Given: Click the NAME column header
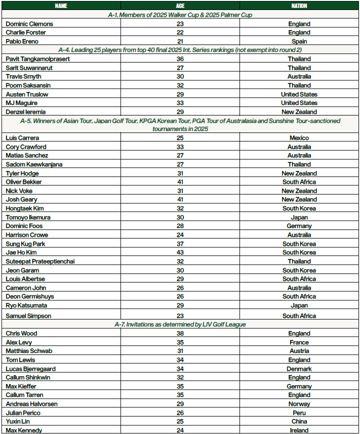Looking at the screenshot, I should (x=61, y=6).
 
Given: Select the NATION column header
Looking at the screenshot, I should (x=299, y=6).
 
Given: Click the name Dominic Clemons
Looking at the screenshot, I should (x=29, y=24).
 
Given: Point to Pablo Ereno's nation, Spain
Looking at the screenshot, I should (x=299, y=41).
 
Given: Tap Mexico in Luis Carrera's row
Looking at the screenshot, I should (x=299, y=138).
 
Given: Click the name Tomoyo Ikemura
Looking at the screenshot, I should (x=28, y=217).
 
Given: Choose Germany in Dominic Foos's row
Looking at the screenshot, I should (x=299, y=226).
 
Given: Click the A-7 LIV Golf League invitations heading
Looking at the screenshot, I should (x=180, y=324).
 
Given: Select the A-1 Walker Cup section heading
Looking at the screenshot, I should (x=180, y=15).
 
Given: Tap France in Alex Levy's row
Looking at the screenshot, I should (x=299, y=342).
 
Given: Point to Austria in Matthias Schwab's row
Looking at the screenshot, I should (x=299, y=351).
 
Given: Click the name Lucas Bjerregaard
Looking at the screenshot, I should (x=30, y=369).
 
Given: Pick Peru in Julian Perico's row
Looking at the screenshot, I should (x=299, y=413).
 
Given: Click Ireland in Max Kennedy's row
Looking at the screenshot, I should (x=299, y=430).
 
